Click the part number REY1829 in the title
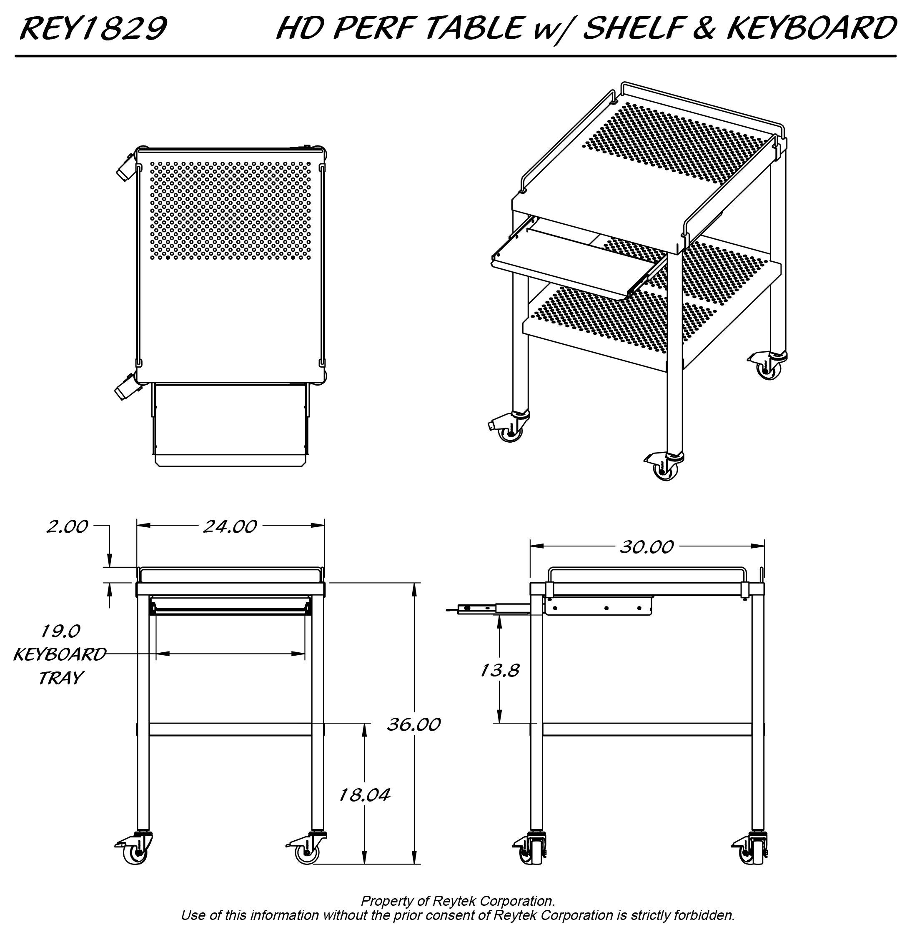click(x=93, y=28)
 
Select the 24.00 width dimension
click(x=230, y=527)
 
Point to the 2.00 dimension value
click(x=67, y=527)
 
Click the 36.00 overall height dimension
click(x=413, y=724)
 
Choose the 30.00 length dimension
click(x=646, y=547)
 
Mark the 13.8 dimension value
click(x=499, y=670)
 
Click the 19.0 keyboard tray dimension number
click(x=60, y=631)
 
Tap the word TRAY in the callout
click(x=61, y=678)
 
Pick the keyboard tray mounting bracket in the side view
click(x=599, y=606)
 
